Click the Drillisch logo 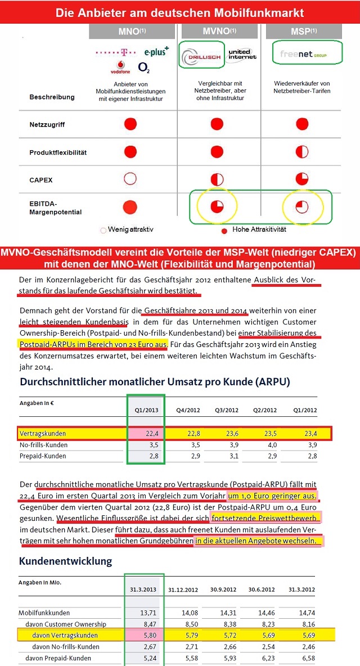point(201,55)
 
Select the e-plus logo point(156,52)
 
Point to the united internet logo point(242,53)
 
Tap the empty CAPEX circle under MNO point(130,179)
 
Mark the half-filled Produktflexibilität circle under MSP point(303,152)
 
